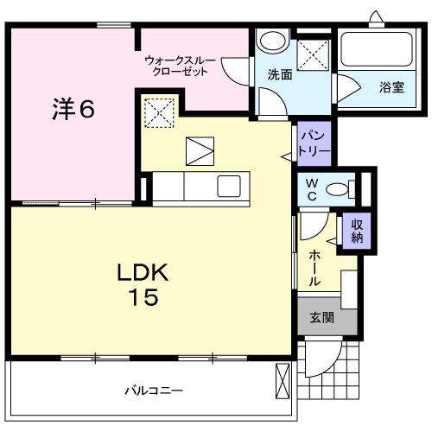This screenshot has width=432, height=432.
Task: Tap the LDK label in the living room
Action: point(143,273)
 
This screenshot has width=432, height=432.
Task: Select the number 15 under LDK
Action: point(143,298)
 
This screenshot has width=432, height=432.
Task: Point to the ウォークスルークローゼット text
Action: point(178,66)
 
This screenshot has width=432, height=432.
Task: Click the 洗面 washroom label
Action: point(277,75)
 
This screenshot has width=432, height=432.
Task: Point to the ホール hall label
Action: point(316,268)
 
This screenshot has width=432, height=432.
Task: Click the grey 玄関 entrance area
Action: point(321,317)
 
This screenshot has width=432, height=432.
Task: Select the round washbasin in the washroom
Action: point(273,41)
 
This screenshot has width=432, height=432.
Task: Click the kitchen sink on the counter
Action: point(230,186)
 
